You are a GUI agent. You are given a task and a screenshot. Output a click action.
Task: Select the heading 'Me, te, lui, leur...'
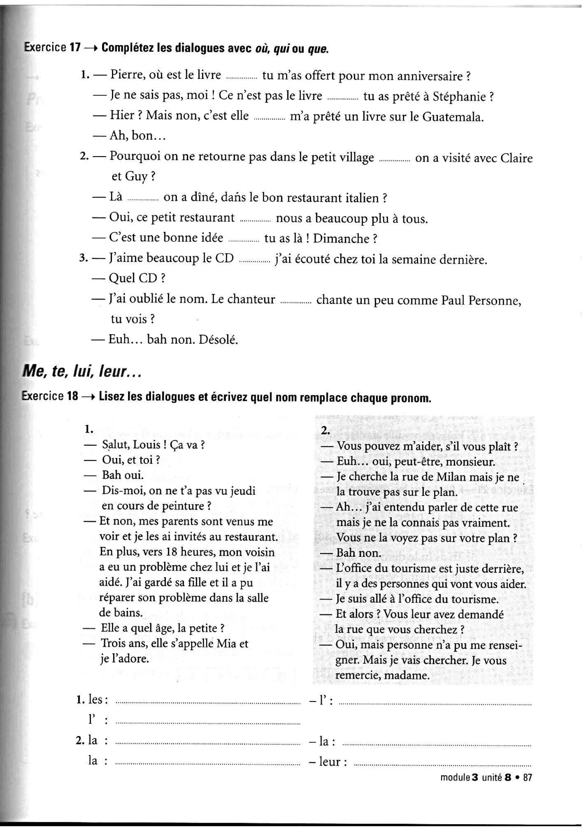click(82, 372)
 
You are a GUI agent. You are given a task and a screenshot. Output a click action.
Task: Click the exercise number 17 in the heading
click(75, 48)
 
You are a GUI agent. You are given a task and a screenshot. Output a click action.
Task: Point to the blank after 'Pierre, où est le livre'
click(241, 77)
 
